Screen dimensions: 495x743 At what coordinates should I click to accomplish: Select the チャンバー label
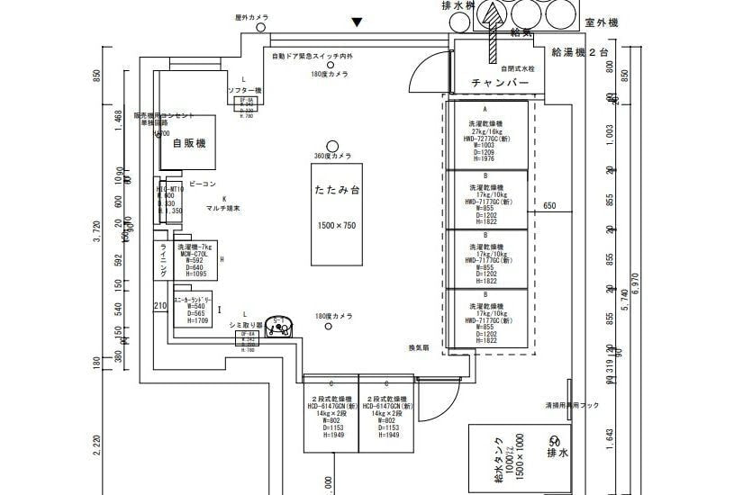pyautogui.click(x=500, y=83)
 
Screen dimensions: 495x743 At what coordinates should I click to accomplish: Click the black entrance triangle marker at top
pyautogui.click(x=358, y=22)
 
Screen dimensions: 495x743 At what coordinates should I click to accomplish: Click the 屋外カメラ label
pyautogui.click(x=252, y=17)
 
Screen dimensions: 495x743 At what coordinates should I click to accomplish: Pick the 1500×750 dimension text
pyautogui.click(x=337, y=225)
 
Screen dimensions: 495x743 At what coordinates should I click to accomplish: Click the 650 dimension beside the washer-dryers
pyautogui.click(x=550, y=207)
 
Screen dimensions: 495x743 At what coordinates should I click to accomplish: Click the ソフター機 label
pyautogui.click(x=244, y=91)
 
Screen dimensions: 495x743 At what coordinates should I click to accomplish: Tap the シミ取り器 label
pyautogui.click(x=246, y=325)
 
